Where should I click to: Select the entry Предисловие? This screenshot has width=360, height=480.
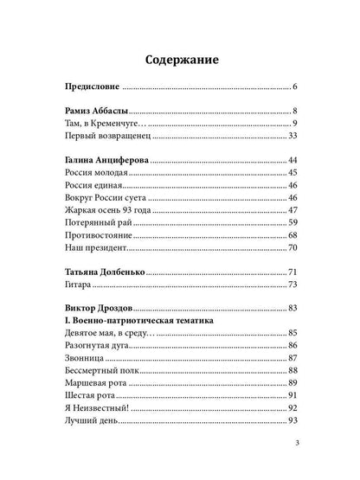(93, 88)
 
